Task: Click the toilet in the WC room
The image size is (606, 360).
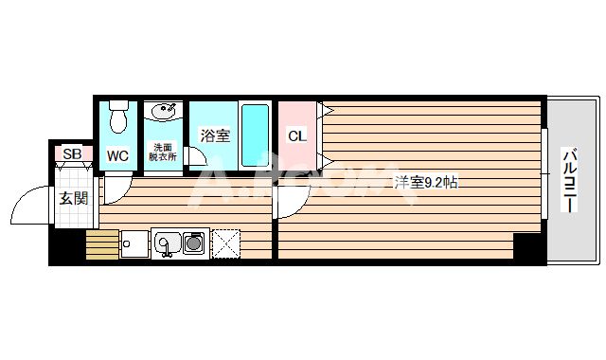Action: click(x=118, y=118)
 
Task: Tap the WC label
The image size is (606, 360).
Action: click(x=118, y=154)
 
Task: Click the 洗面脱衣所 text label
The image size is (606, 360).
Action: click(x=163, y=152)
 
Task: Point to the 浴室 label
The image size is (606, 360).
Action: click(x=214, y=135)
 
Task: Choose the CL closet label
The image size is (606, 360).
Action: click(x=296, y=135)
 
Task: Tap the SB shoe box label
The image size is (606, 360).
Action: click(x=72, y=153)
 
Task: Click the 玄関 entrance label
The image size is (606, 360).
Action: click(x=73, y=198)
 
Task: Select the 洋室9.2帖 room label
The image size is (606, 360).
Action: click(x=425, y=182)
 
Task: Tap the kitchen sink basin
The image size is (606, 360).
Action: click(x=167, y=244)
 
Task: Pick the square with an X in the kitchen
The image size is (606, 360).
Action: click(x=228, y=243)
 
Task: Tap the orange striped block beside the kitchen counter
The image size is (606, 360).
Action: click(x=98, y=244)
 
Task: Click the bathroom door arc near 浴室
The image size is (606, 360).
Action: click(x=196, y=159)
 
